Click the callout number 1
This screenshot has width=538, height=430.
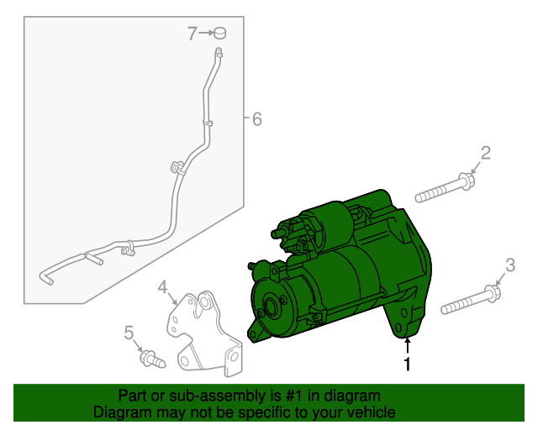click(408, 364)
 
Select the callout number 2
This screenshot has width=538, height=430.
click(484, 152)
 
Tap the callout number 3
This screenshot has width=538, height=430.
click(509, 266)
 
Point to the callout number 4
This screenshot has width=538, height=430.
click(163, 287)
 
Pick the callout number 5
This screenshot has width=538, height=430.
click(129, 333)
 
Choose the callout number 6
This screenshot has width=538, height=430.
click(256, 119)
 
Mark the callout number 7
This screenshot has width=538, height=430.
click(193, 34)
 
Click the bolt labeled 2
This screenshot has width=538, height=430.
click(445, 188)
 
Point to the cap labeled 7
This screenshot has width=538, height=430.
click(220, 34)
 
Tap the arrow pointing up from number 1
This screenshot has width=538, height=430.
click(408, 346)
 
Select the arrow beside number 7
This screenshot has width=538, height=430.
click(205, 34)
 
